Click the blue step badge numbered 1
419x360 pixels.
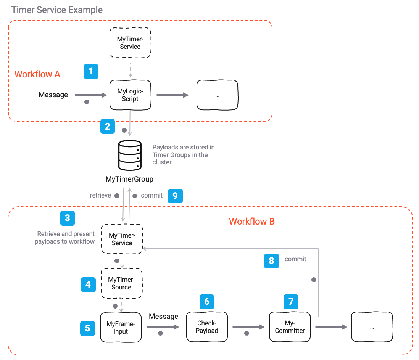pos(91,71)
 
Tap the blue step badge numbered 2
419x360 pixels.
pos(108,126)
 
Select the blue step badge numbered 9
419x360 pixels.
pos(175,196)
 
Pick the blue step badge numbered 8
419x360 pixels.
pos(271,261)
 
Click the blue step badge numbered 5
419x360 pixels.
pos(87,328)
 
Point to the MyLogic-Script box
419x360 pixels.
pos(130,95)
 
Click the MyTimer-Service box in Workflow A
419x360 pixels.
pos(130,43)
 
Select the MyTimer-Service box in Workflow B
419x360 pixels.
pos(122,239)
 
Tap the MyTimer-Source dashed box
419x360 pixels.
pos(121,284)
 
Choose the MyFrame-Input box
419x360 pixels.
pos(120,328)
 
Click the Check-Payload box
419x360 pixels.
pos(207,327)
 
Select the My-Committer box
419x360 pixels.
pos(290,327)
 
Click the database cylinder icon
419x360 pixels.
pos(130,155)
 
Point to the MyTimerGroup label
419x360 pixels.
pos(129,179)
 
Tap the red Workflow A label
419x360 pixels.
pos(37,74)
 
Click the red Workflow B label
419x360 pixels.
pos(251,222)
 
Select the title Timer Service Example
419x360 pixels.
pos(57,10)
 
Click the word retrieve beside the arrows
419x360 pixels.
pos(100,196)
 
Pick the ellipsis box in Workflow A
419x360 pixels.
pos(217,95)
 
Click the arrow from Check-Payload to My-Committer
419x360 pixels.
pos(248,327)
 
